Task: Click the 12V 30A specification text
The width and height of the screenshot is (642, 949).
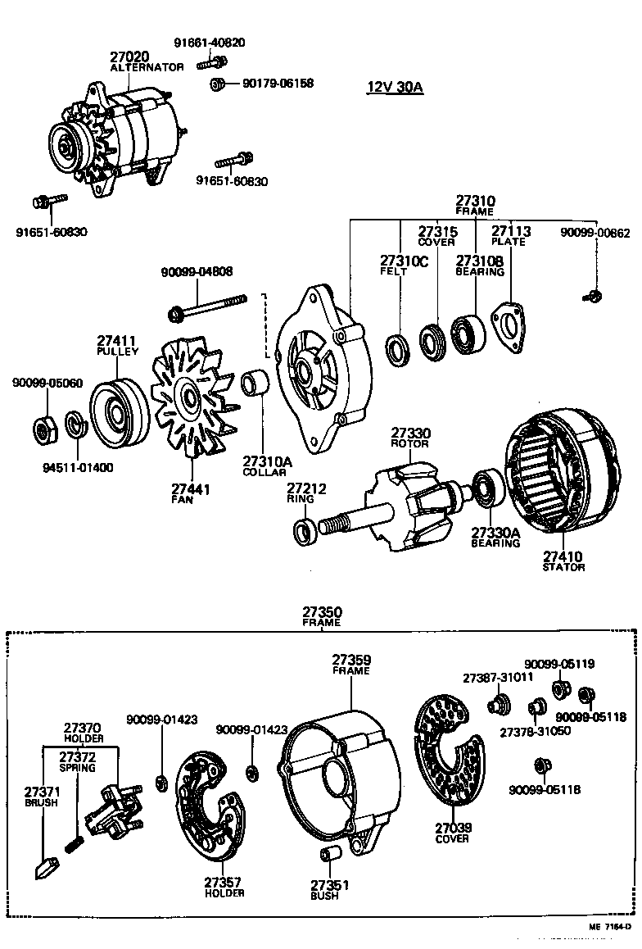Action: pos(395,88)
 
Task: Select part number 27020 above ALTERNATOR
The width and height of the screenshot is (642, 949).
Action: pos(129,57)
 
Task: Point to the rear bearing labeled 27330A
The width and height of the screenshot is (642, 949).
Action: pos(488,489)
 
